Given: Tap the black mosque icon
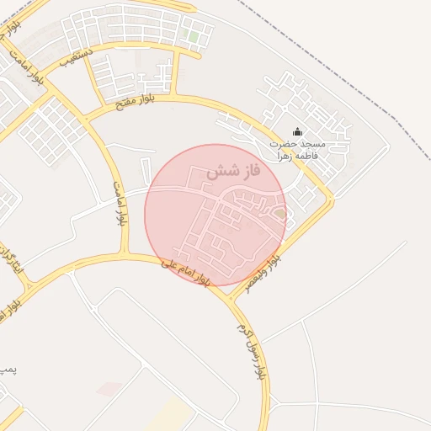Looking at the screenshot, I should point(296,132).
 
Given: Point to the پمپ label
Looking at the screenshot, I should point(7,369).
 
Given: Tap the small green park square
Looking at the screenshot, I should point(194,38).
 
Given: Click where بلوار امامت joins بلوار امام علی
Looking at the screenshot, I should point(126,254).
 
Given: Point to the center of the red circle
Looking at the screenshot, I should point(215,215).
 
